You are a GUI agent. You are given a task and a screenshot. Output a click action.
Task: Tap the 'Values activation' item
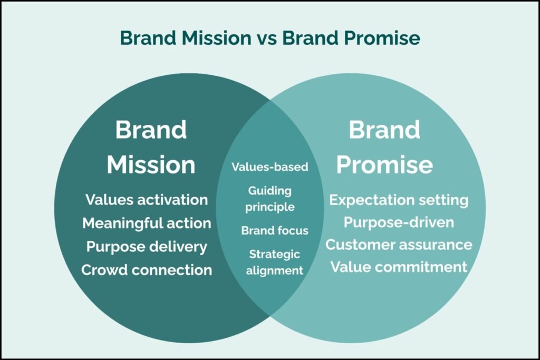click(147, 200)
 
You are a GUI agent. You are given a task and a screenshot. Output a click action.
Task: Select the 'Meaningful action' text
click(147, 223)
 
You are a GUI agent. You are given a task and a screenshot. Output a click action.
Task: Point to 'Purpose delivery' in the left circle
click(147, 247)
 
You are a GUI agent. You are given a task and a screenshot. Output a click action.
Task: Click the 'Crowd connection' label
click(147, 270)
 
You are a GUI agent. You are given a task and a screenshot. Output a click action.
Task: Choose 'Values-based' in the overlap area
click(270, 167)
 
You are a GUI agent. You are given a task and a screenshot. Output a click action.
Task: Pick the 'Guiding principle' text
click(270, 199)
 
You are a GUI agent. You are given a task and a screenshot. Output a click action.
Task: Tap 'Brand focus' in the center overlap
click(275, 230)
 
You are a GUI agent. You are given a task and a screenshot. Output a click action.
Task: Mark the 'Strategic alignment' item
click(274, 262)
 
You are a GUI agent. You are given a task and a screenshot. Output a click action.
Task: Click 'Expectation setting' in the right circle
click(399, 200)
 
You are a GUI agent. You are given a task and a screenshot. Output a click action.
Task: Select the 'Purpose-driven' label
click(399, 222)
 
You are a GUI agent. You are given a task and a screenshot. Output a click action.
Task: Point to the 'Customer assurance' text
click(399, 245)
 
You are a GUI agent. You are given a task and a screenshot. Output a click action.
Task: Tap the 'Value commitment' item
click(399, 267)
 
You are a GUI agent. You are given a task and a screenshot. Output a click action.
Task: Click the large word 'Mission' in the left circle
click(151, 164)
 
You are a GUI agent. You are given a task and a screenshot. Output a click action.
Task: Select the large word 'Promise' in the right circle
click(384, 164)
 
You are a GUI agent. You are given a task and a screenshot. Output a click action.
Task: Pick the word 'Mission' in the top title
click(217, 38)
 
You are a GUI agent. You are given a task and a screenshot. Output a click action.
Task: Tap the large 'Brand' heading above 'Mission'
click(151, 130)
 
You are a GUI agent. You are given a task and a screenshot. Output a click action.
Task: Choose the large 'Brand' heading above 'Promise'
click(384, 130)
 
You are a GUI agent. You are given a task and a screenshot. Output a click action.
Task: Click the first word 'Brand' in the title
click(148, 38)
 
